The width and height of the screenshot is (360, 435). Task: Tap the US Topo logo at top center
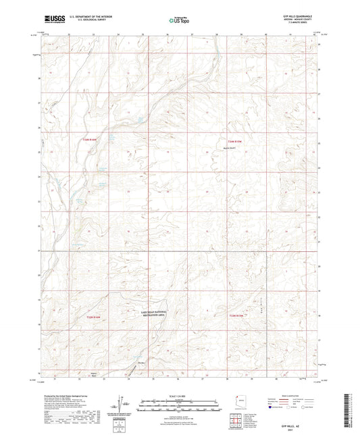[x=178, y=21]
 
